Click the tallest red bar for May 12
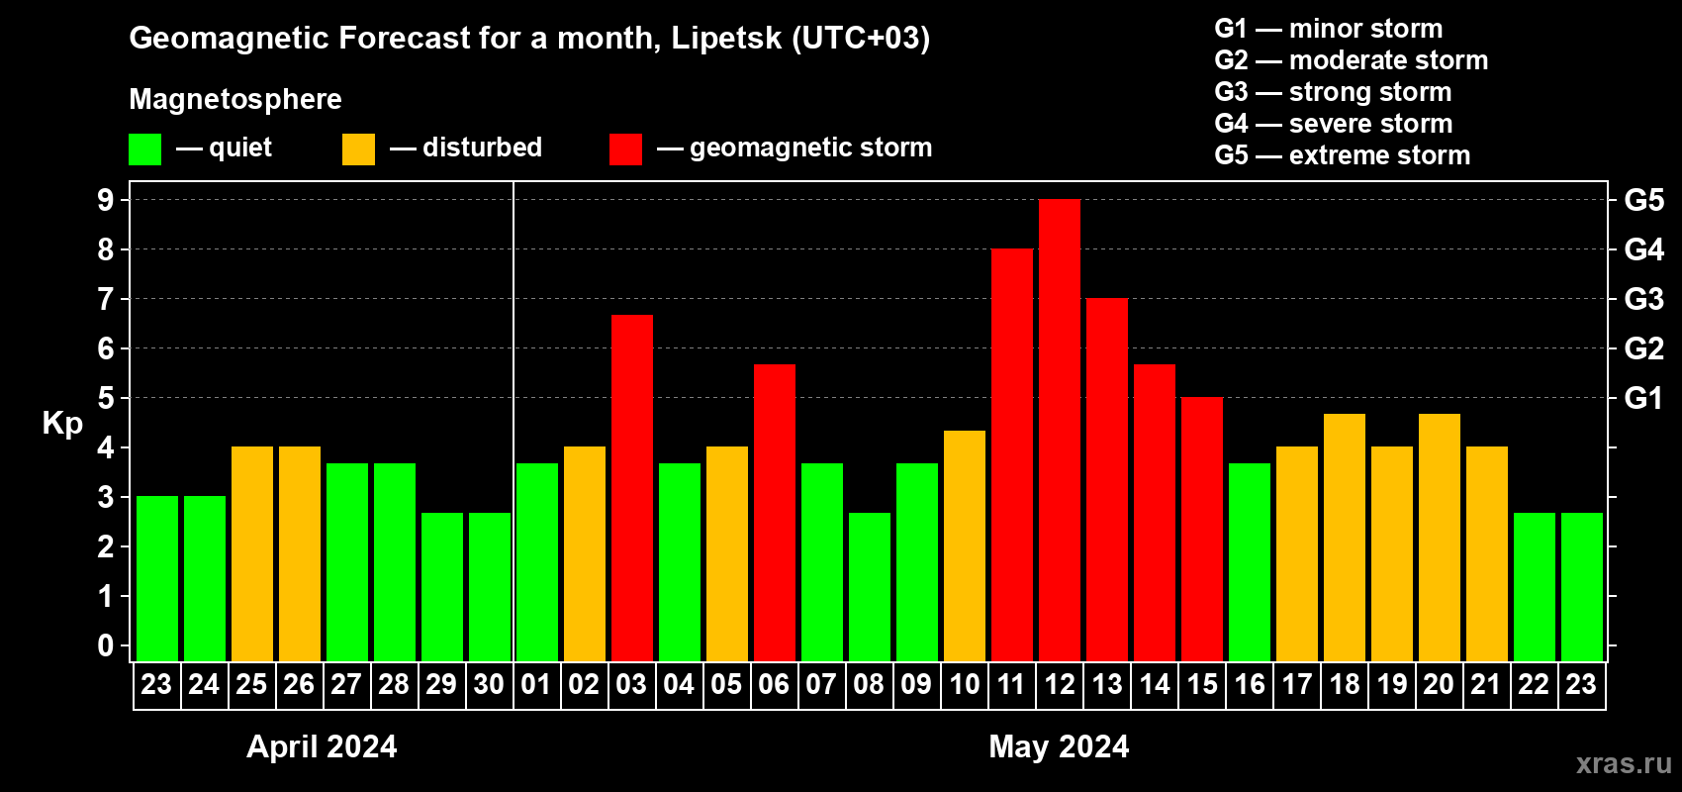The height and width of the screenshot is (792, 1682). [x=1060, y=431]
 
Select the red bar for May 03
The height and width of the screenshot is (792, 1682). [x=632, y=488]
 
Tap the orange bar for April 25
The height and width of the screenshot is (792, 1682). [x=252, y=554]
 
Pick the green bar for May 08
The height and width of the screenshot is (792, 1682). [x=870, y=587]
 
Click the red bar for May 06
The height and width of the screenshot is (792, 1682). [x=775, y=513]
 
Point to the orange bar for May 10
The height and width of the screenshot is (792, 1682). [x=965, y=545]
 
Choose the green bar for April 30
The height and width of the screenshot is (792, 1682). [x=490, y=587]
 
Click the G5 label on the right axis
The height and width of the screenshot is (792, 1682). [x=1643, y=200]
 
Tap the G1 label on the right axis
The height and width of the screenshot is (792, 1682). [x=1643, y=398]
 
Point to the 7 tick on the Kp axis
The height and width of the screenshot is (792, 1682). [x=106, y=299]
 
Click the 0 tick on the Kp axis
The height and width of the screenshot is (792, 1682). [x=106, y=645]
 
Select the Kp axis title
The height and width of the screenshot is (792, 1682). [x=62, y=423]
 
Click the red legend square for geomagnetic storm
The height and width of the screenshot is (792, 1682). [x=625, y=149]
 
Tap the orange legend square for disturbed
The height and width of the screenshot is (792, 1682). [x=358, y=149]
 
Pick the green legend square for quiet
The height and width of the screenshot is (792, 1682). [x=144, y=149]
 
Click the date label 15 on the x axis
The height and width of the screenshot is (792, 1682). [x=1202, y=684]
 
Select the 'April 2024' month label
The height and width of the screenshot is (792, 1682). [x=322, y=746]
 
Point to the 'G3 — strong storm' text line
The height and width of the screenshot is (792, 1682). [x=1333, y=92]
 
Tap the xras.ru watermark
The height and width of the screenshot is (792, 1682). [x=1624, y=763]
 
